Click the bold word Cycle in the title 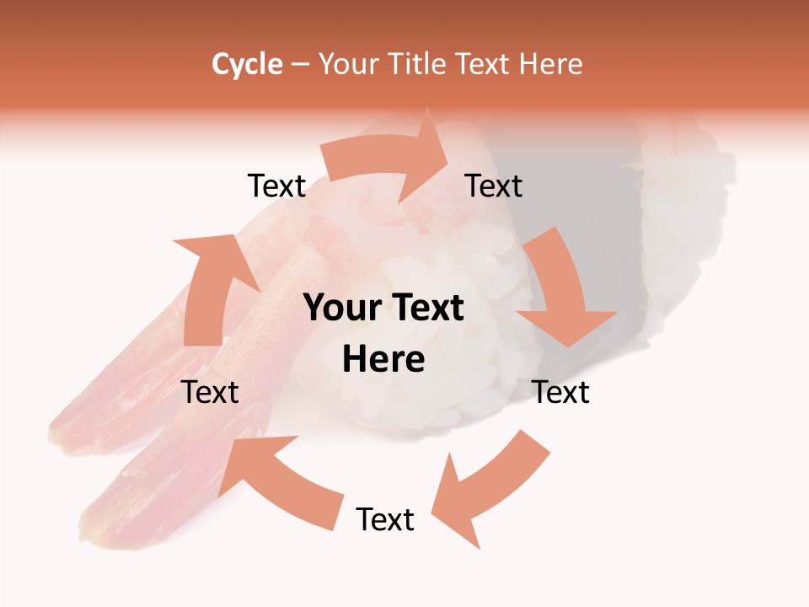247,64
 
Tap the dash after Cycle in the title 300,65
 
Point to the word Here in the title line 550,64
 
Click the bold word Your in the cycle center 341,308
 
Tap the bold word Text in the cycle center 425,308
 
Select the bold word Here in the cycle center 383,360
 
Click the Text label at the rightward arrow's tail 276,186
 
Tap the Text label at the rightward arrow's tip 494,186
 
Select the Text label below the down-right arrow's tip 560,392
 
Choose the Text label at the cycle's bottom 385,519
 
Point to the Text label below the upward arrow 210,392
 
